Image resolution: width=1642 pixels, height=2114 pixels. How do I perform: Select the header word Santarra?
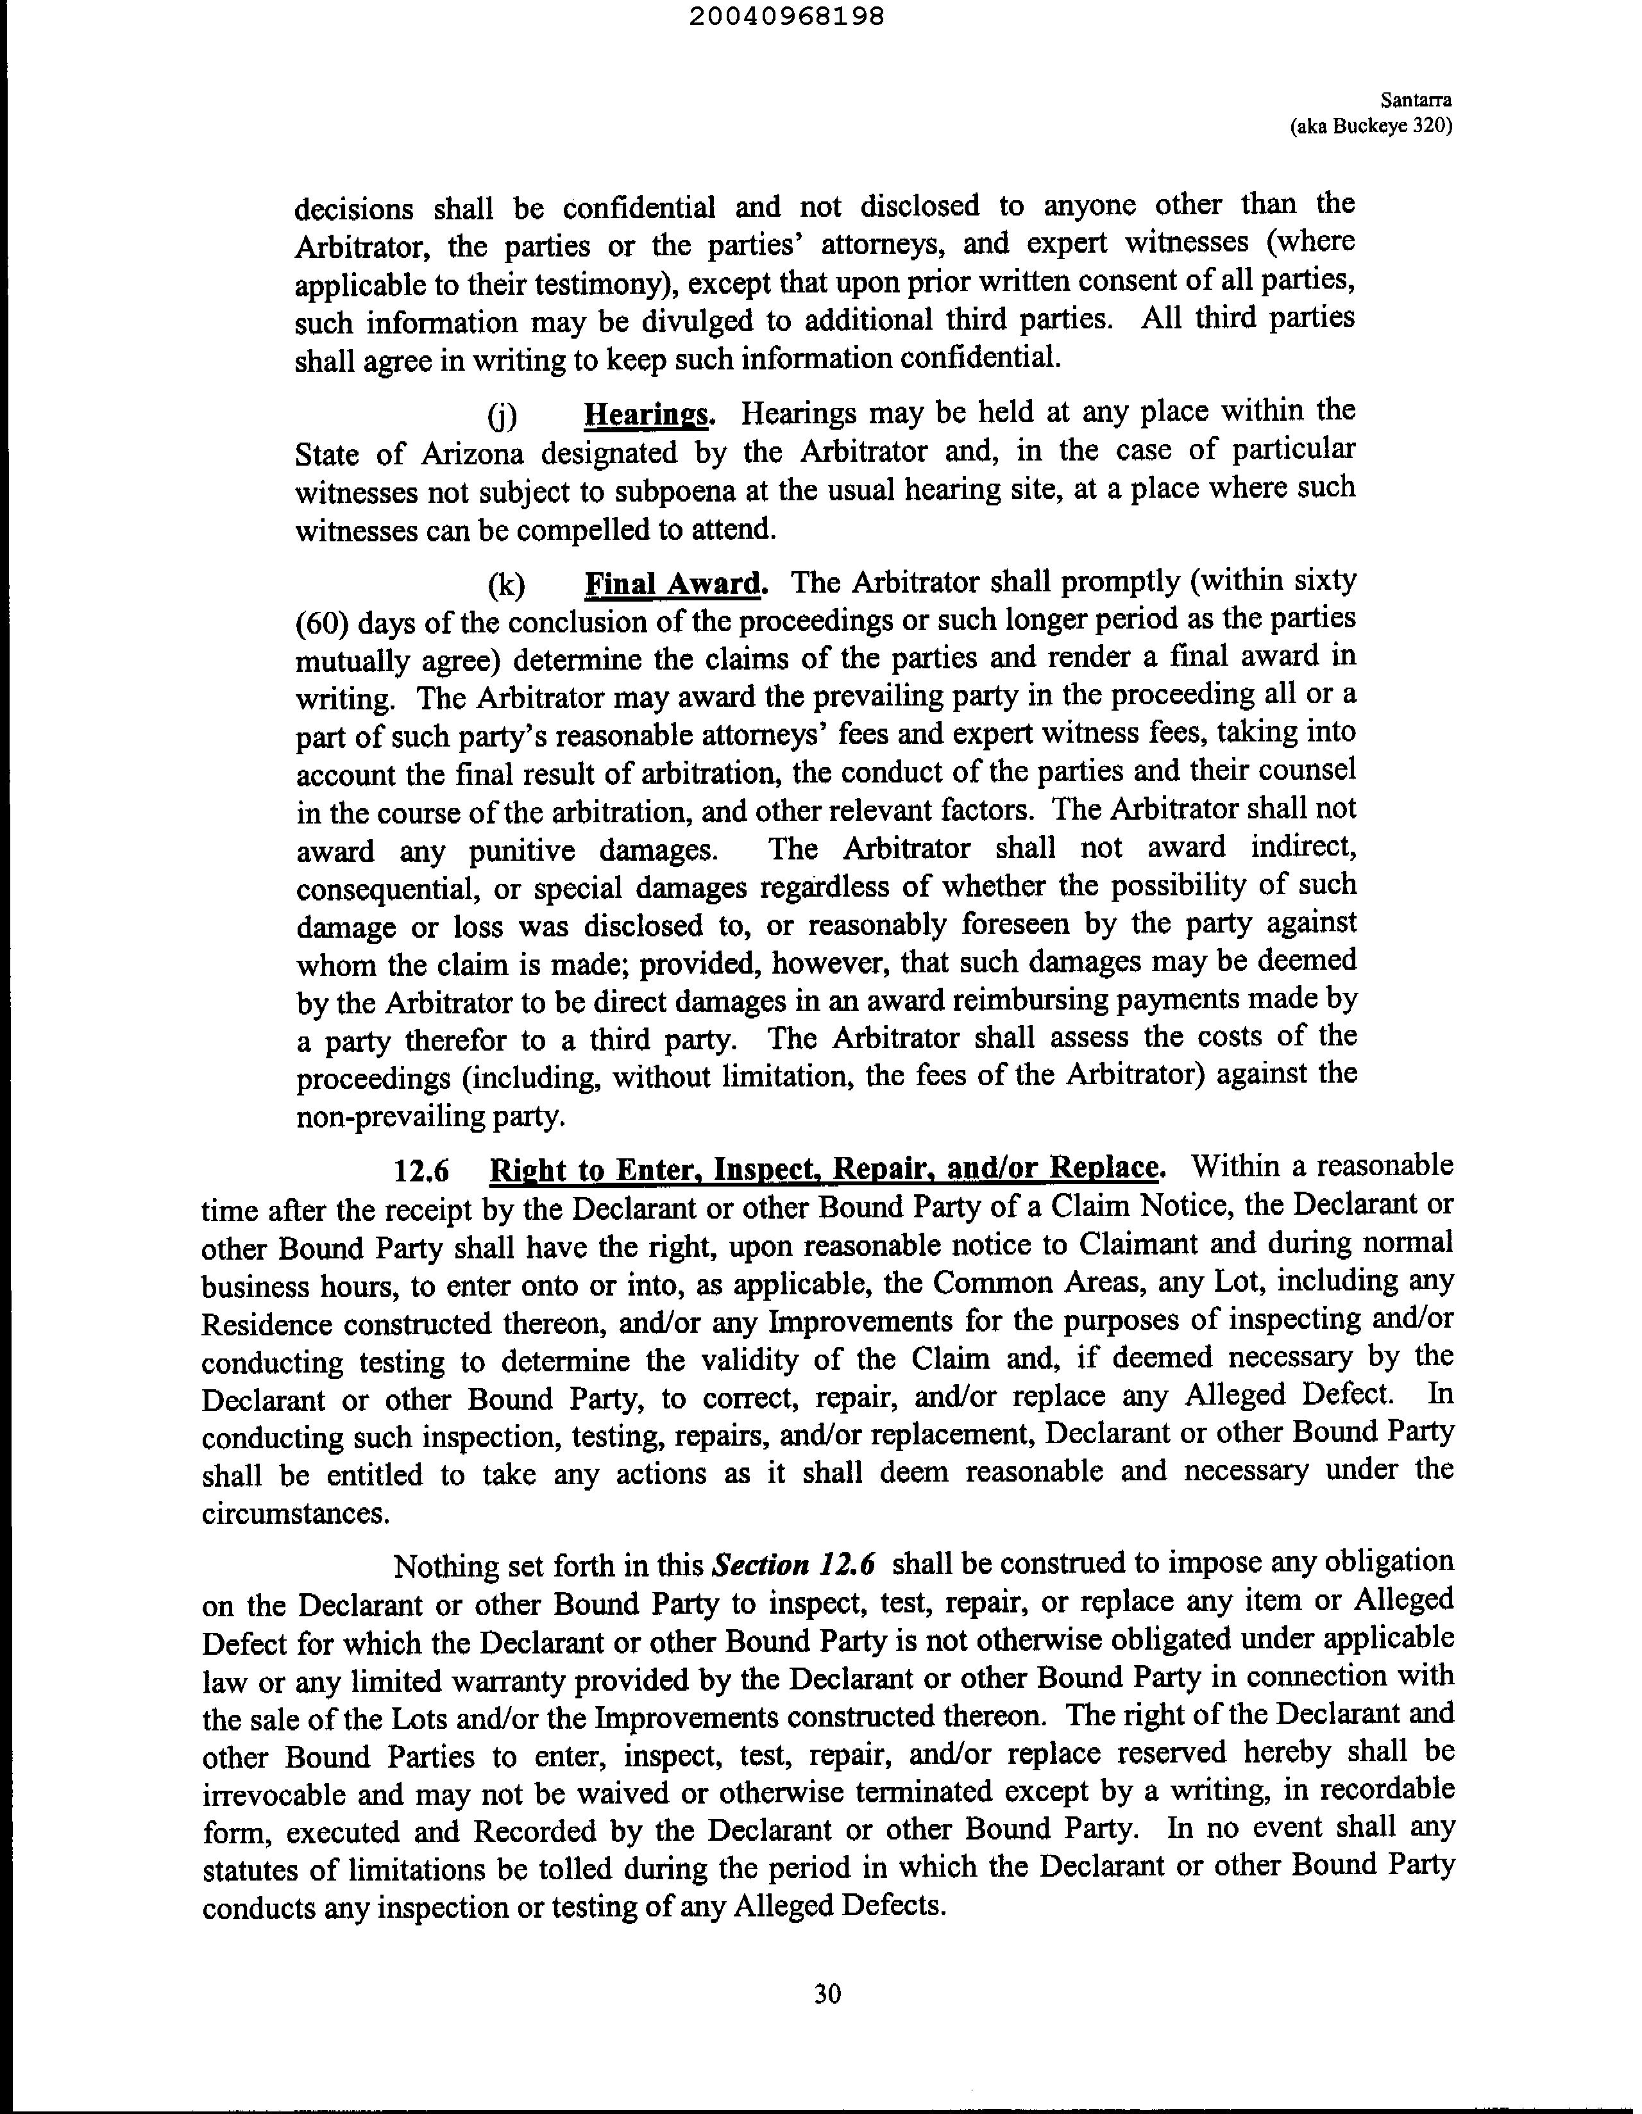[1416, 99]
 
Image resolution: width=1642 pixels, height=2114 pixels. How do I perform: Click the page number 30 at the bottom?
[827, 1994]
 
